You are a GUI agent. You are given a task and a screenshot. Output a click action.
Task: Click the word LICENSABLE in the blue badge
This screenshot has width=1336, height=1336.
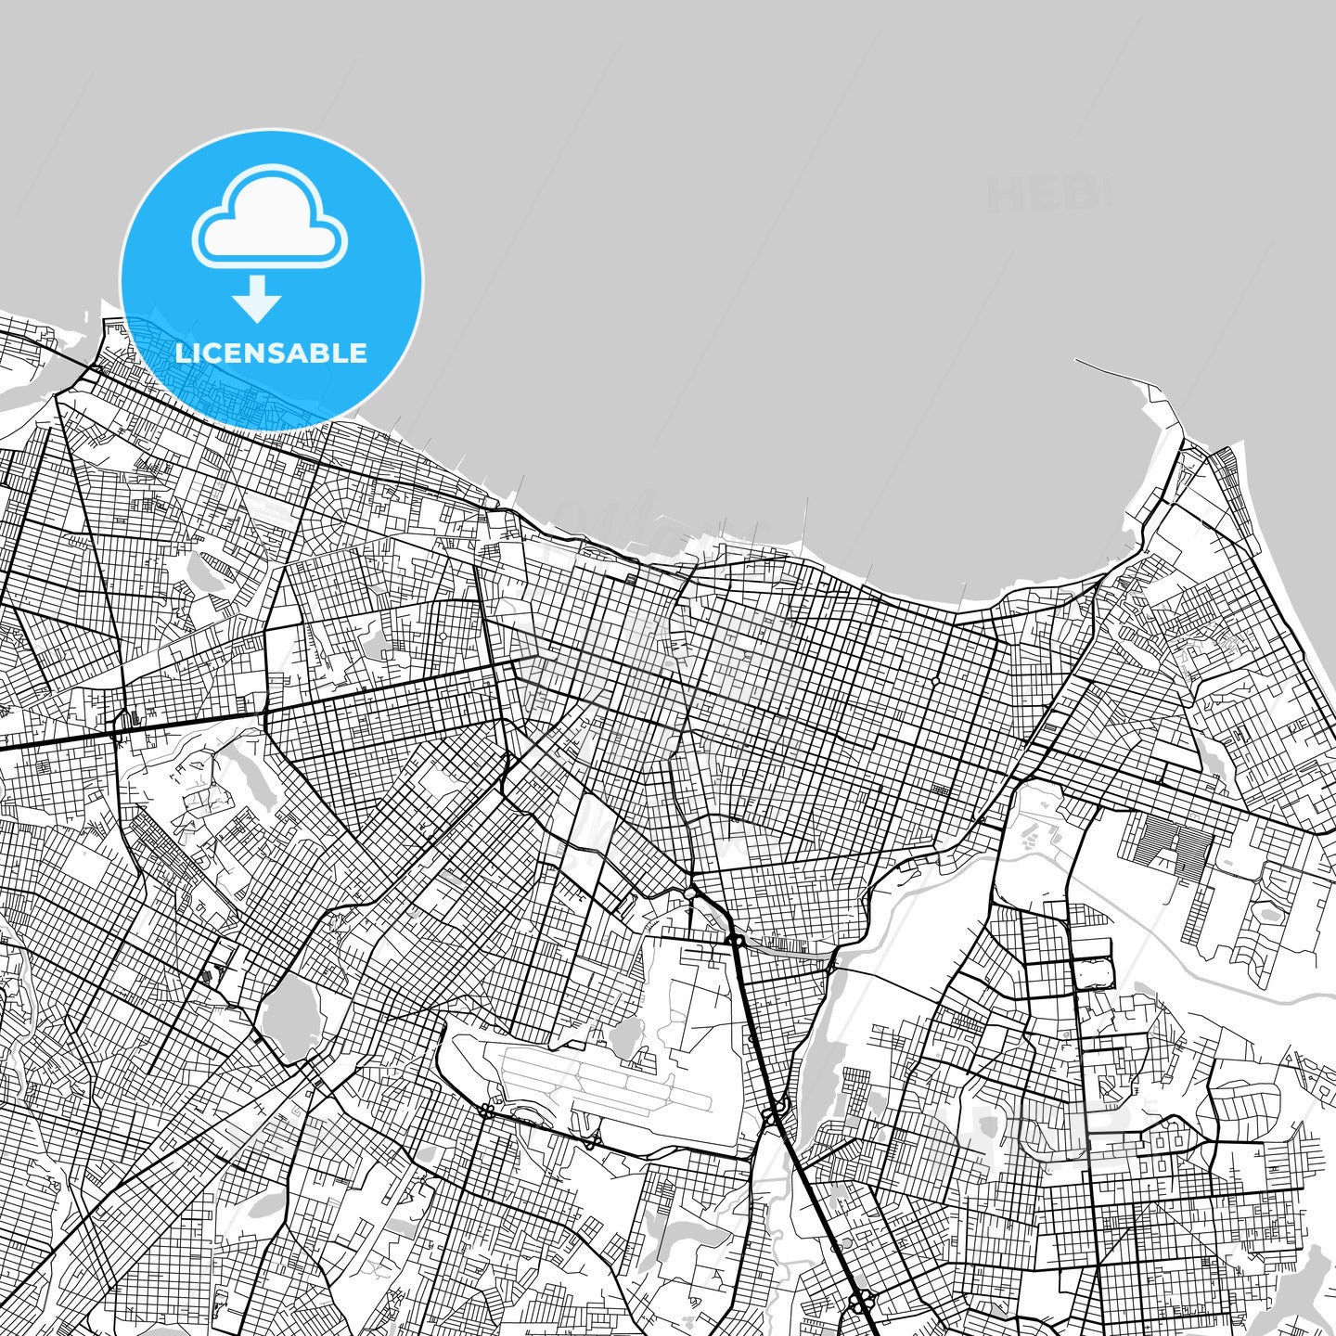point(271,353)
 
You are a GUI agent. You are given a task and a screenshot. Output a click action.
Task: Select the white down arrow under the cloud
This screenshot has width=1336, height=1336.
point(258,299)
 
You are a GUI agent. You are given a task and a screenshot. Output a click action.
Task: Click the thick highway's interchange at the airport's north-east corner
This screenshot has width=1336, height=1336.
point(736,940)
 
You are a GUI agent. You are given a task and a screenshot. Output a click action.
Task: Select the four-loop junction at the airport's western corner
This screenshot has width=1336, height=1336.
point(484,1110)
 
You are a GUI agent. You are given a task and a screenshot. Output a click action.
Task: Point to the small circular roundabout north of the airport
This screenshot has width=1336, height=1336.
point(691,893)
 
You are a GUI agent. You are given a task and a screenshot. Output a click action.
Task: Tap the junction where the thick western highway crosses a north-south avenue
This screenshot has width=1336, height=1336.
point(115,734)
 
